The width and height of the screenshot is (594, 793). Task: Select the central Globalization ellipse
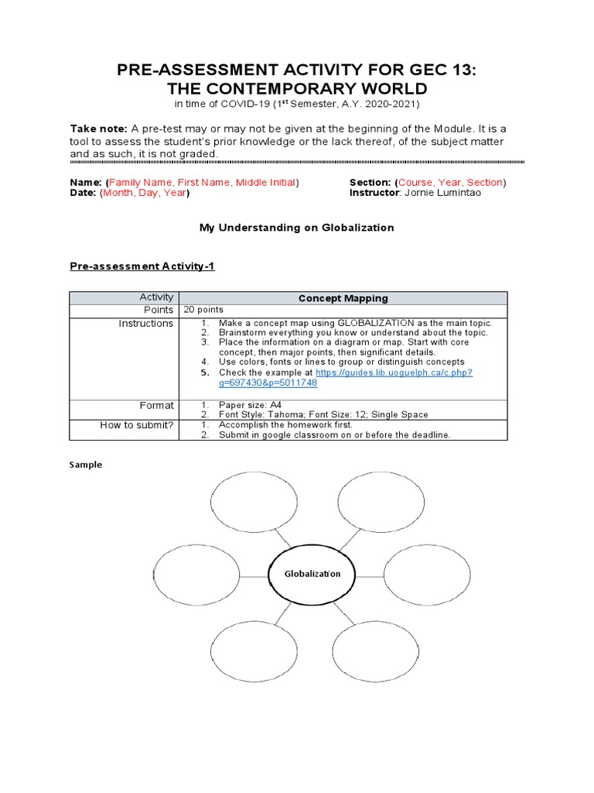312,574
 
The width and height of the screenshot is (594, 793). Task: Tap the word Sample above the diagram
86,465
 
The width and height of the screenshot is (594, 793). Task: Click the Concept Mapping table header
343,298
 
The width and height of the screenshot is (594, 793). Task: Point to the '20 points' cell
203,310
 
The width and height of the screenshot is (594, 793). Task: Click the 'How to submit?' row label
137,425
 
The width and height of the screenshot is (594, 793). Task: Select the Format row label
156,405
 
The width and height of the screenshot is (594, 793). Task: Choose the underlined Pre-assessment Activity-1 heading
142,266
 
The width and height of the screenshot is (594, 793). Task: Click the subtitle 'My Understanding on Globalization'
297,228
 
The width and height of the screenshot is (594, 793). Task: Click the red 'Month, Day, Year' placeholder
143,193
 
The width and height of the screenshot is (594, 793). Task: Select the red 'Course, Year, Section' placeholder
450,182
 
